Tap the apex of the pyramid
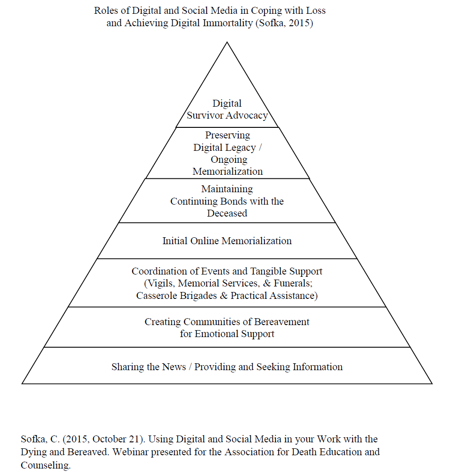tap(227, 42)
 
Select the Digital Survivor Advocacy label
tap(227, 109)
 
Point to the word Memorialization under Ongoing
tap(228, 172)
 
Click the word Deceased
tap(227, 213)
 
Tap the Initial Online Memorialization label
tap(227, 240)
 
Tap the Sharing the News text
tap(149, 367)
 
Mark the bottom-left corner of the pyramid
tap(22, 383)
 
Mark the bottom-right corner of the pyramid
tap(432, 383)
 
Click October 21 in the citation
tap(116, 440)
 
